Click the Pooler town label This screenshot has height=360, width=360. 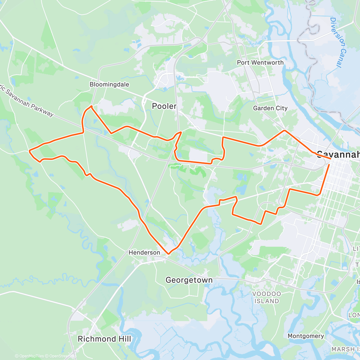(164, 106)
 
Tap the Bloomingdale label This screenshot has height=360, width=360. (109, 85)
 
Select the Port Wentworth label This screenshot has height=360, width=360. (260, 63)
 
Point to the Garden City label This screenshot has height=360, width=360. (270, 108)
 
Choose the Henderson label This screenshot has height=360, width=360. (144, 253)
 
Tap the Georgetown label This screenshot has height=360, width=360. (189, 280)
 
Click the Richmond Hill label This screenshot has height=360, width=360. (104, 339)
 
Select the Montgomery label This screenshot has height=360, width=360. (306, 336)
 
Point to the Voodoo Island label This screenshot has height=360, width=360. (267, 297)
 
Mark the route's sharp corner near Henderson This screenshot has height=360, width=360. (168, 254)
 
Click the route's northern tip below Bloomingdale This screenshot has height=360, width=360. (91, 106)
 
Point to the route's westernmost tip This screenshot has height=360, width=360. (29, 151)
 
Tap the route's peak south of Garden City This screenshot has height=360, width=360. (284, 130)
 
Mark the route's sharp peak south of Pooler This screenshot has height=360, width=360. (180, 132)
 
